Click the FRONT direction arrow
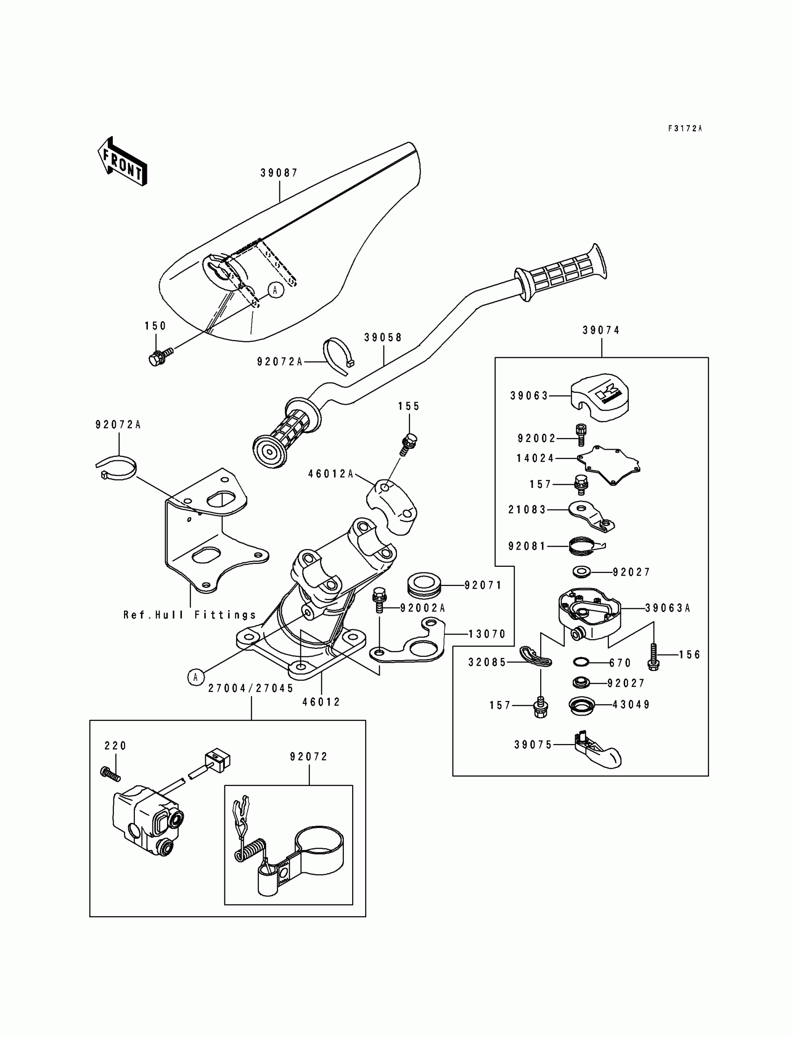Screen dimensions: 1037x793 122,161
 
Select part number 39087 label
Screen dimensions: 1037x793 279,173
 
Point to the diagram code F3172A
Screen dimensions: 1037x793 685,128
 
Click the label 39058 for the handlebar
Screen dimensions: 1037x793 383,337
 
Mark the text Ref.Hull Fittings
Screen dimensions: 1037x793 190,615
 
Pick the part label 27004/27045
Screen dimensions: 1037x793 251,689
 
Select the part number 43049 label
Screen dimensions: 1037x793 631,705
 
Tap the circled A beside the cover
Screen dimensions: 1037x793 276,290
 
